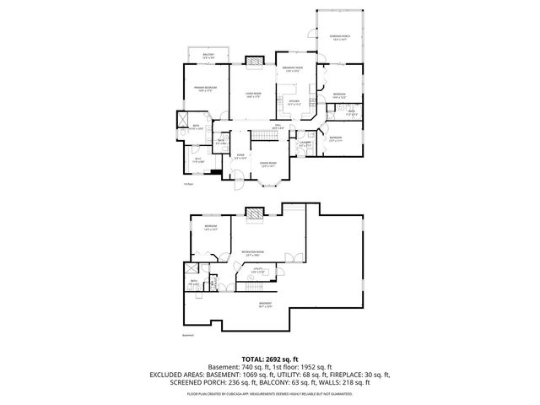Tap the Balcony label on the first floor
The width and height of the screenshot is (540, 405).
coord(208,56)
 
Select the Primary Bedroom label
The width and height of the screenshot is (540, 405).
coord(206,89)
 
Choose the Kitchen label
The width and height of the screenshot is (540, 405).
coord(294,102)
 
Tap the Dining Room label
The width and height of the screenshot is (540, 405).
coord(268,164)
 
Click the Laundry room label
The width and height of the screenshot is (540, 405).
coord(305,144)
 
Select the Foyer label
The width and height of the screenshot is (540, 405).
coord(240,156)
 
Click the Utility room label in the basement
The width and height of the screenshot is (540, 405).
coord(258,271)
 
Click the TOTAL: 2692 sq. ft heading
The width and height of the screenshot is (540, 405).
coord(269,358)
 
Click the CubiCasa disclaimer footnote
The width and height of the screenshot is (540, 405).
coord(269,393)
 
